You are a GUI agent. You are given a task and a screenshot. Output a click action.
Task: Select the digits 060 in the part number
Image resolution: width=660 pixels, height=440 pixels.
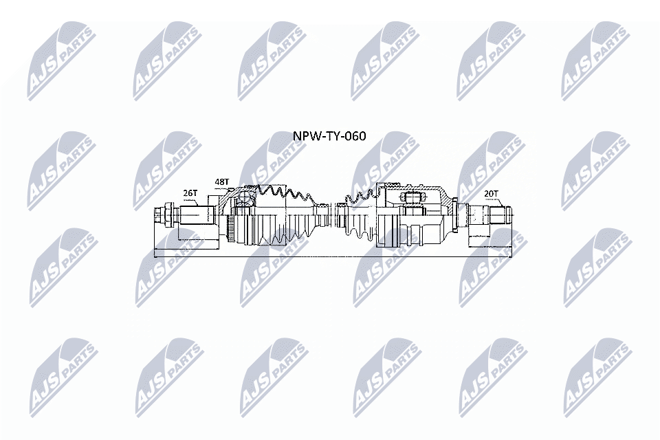[x=354, y=136]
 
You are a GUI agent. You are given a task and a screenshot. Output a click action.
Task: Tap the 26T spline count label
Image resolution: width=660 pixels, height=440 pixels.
[x=190, y=195]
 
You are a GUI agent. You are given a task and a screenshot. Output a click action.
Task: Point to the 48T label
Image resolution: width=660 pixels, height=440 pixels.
[x=221, y=182]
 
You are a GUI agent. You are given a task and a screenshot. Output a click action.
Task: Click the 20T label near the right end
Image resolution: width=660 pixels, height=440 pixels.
[x=491, y=195]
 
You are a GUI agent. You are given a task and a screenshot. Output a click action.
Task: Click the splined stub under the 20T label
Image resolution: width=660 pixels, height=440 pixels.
[x=489, y=216]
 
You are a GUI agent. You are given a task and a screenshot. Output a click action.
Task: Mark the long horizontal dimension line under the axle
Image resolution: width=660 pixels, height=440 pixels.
[x=330, y=256]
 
